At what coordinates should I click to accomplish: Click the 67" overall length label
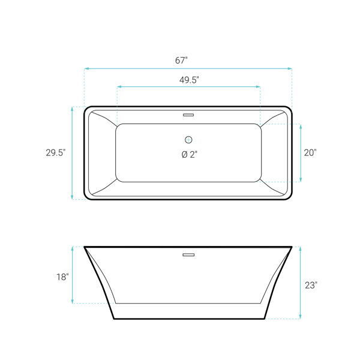(181, 61)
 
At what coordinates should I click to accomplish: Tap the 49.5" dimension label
(189, 80)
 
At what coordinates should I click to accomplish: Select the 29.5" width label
(56, 152)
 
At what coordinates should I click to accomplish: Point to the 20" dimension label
(310, 152)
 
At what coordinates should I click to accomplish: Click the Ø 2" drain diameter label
(190, 155)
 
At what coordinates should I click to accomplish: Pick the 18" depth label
(62, 277)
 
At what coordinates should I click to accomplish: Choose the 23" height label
(311, 286)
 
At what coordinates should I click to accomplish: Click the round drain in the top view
(188, 140)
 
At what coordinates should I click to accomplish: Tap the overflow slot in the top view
(188, 115)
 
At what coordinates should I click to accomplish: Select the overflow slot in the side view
(188, 254)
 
